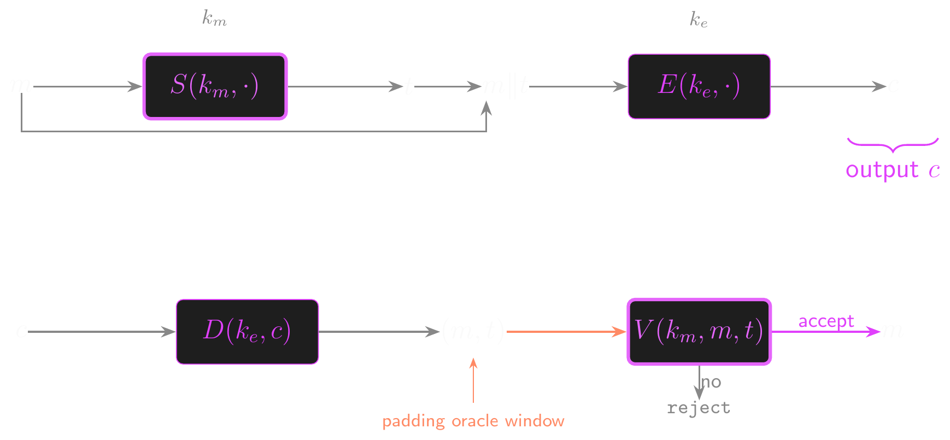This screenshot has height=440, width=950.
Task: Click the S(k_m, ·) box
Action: (x=215, y=86)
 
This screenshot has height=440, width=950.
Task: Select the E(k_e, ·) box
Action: (x=699, y=86)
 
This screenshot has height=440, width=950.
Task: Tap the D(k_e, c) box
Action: (x=247, y=331)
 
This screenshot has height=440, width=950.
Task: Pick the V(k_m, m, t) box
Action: (x=699, y=331)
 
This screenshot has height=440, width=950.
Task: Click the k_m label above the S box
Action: (x=214, y=19)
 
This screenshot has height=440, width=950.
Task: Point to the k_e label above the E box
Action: (x=699, y=20)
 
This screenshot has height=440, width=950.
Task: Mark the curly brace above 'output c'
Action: (x=893, y=145)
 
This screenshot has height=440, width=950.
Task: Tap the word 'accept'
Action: (x=826, y=321)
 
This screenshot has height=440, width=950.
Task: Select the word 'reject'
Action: (x=699, y=408)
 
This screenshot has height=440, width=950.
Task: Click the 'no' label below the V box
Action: (x=711, y=382)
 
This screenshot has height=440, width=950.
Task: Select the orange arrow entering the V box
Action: (x=566, y=331)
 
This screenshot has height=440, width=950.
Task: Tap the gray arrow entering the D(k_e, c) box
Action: (x=101, y=331)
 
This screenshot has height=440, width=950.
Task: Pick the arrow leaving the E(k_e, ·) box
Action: (x=828, y=86)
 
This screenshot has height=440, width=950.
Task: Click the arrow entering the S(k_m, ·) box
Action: (x=87, y=86)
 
